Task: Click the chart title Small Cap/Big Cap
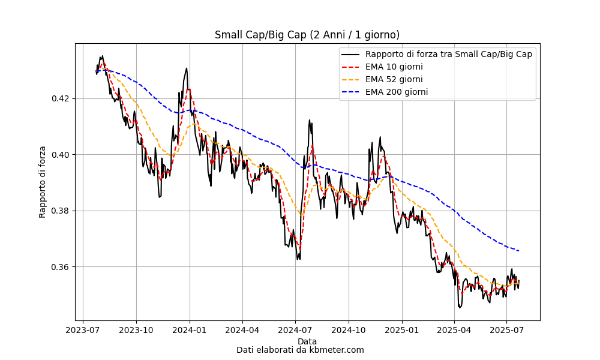(x=307, y=35)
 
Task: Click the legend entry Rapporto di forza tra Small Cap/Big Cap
(x=448, y=54)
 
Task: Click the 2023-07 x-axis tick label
(x=83, y=330)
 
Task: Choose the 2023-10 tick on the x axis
(x=136, y=330)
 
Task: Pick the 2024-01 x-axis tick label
(x=190, y=330)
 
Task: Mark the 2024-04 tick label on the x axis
(x=242, y=330)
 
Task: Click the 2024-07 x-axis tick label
(x=295, y=330)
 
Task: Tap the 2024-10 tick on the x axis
(x=349, y=330)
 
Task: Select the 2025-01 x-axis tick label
(x=401, y=330)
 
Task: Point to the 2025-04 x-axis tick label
(x=454, y=330)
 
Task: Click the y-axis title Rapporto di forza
(x=43, y=182)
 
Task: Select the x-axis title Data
(x=307, y=341)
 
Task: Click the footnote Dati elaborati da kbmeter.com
(x=300, y=350)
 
